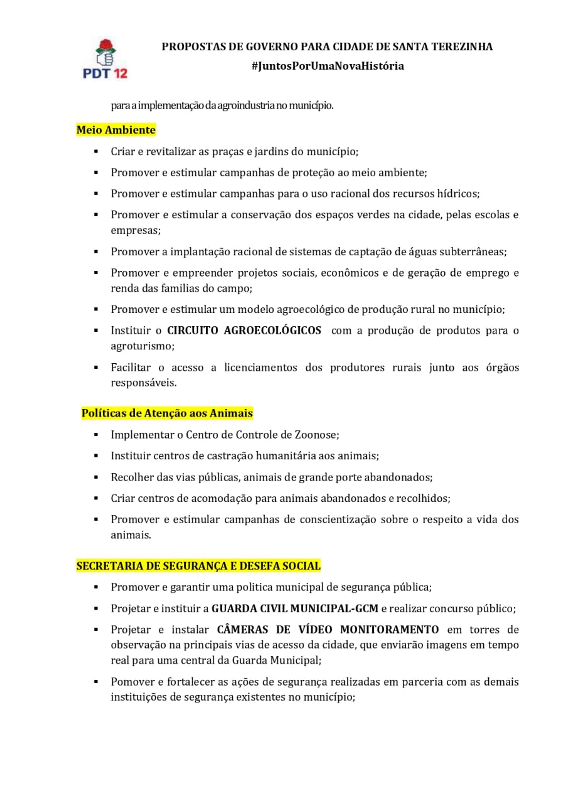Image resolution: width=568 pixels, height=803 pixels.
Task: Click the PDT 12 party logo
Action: pos(105,58)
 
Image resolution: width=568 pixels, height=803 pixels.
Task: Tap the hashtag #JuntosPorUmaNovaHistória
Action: pos(327,66)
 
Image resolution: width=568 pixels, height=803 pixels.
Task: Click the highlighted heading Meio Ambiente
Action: pos(115,130)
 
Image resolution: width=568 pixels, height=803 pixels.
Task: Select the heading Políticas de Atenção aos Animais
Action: pos(167,413)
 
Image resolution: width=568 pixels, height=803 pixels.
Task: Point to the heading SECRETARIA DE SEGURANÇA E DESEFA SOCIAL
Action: pos(198,566)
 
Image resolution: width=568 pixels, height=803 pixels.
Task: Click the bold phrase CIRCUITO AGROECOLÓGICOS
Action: pos(244,331)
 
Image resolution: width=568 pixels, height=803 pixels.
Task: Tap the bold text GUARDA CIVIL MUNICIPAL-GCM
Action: pos(295,609)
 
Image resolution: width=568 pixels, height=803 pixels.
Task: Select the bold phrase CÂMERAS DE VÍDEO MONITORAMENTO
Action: pos(328,630)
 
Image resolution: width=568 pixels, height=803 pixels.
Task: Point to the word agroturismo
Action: pos(142,346)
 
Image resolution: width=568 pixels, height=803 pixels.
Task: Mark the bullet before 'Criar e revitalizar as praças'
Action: pos(96,151)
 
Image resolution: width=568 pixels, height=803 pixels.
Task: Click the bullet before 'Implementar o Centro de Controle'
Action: pos(96,434)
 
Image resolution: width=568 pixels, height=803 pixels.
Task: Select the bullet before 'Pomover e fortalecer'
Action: pos(96,681)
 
